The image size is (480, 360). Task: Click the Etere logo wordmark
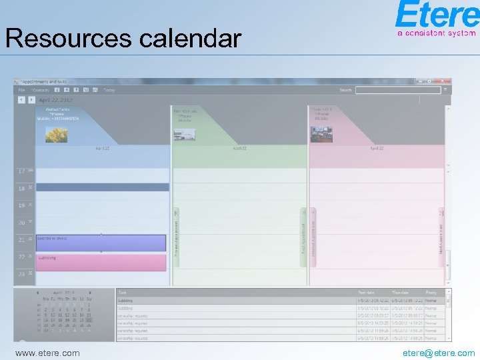[x=436, y=15]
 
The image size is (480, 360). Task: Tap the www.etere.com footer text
[x=47, y=353]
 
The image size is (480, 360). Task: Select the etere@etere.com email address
[x=439, y=353]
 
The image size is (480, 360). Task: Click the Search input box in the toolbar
[x=398, y=90]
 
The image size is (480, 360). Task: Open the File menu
[x=22, y=90]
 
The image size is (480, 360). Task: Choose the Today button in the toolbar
[x=109, y=90]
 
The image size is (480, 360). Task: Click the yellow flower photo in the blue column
[x=56, y=135]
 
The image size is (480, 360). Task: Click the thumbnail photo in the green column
[x=185, y=135]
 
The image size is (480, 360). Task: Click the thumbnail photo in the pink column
[x=322, y=135]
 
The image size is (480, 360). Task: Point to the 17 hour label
[x=22, y=172]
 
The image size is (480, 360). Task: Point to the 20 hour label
[x=22, y=223]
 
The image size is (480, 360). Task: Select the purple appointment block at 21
[x=101, y=243]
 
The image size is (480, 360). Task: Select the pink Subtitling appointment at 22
[x=101, y=262]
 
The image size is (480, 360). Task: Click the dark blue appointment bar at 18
[x=102, y=187]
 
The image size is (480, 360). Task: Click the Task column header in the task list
[x=123, y=292]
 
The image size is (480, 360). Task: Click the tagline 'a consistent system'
[x=436, y=32]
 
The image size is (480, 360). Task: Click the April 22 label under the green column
[x=239, y=148]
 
